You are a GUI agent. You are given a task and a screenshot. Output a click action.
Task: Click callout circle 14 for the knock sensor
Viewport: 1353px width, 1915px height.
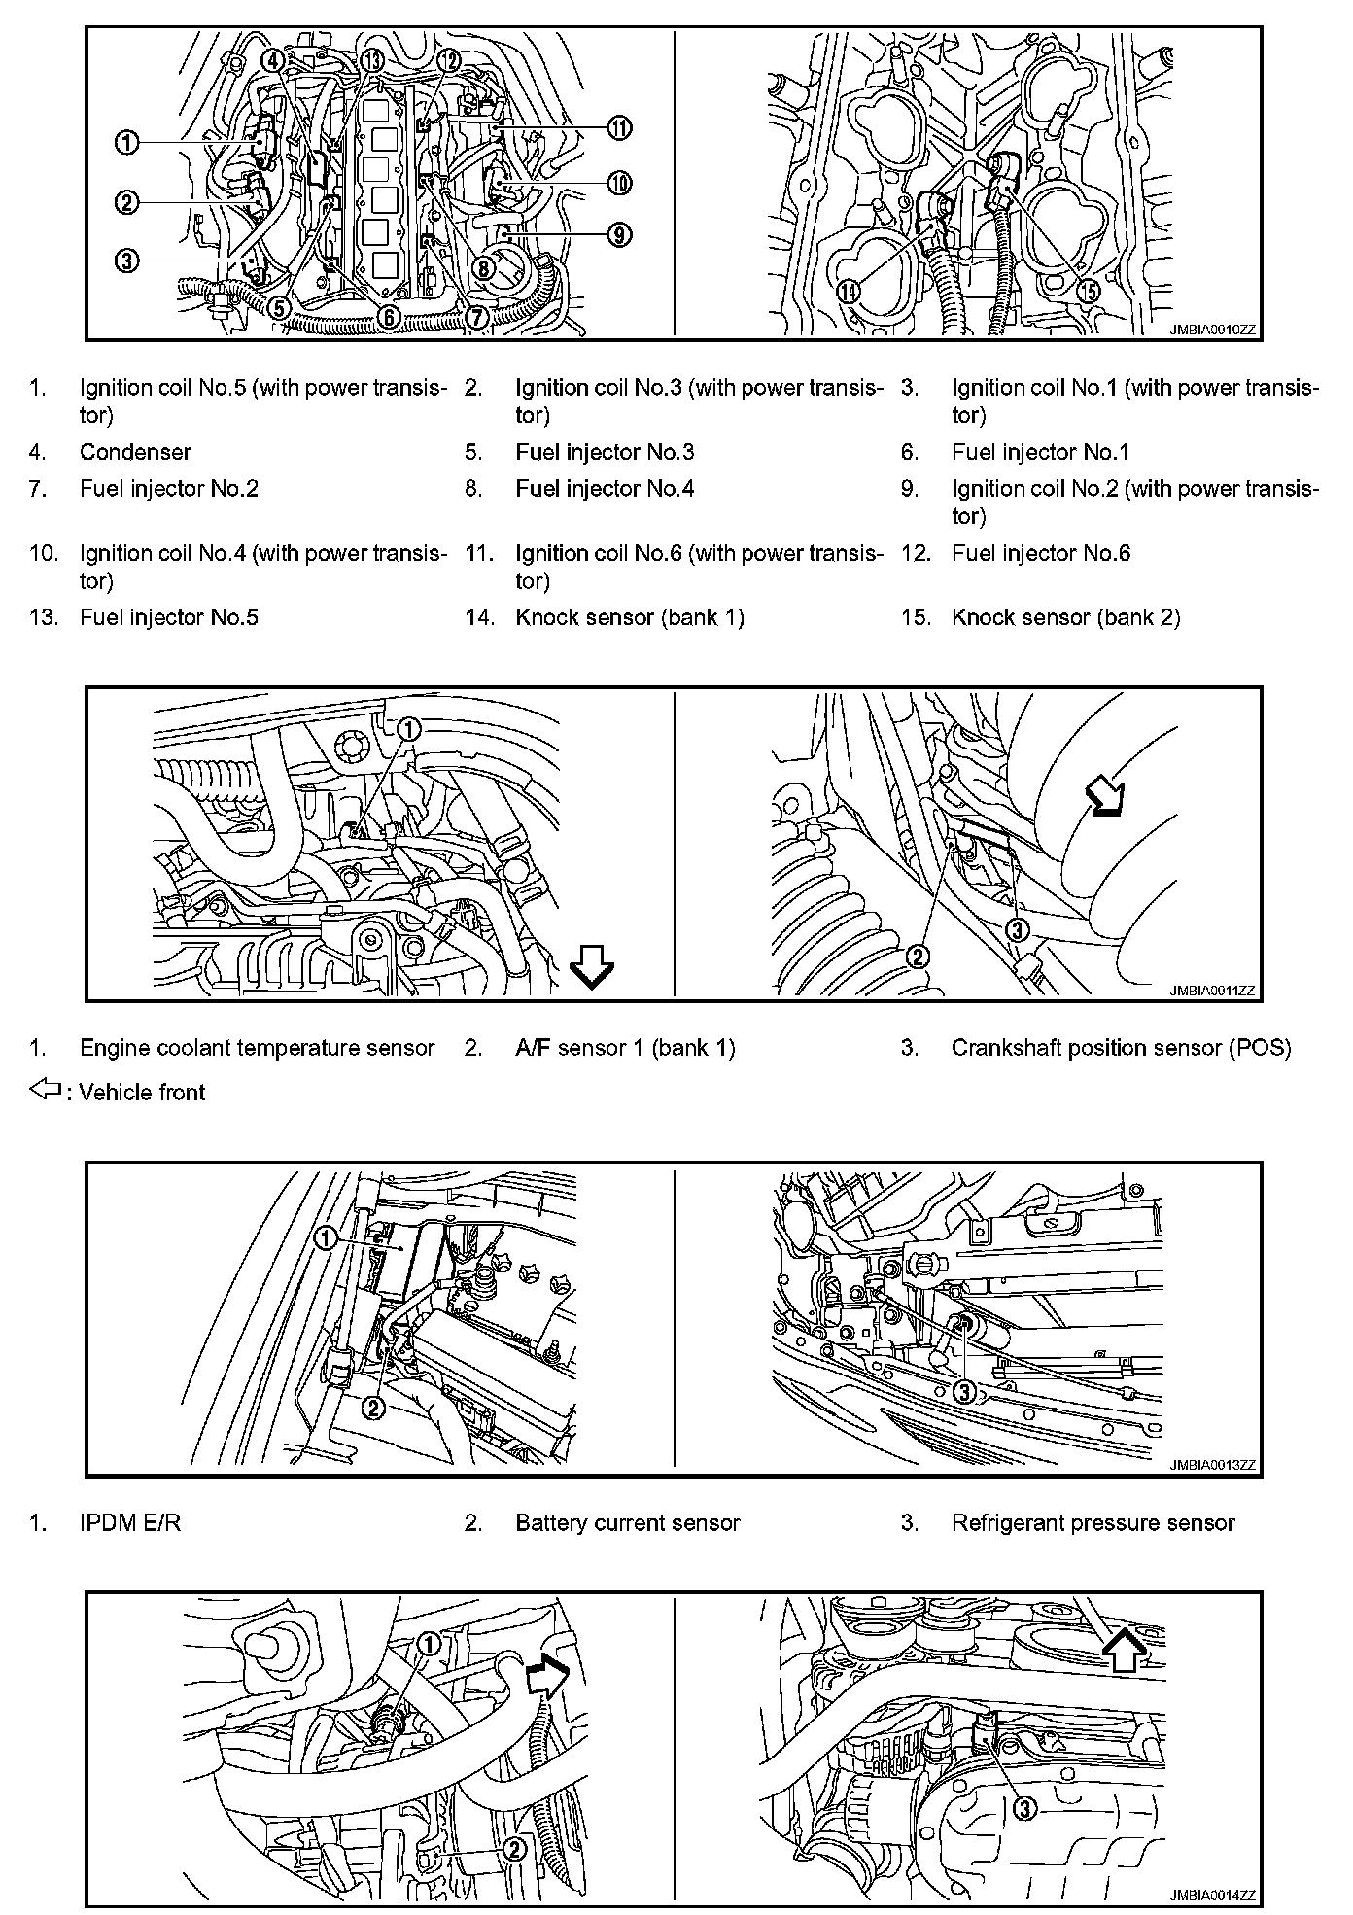click(x=850, y=291)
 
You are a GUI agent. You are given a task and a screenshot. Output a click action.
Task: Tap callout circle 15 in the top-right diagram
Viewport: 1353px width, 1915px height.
click(x=1088, y=290)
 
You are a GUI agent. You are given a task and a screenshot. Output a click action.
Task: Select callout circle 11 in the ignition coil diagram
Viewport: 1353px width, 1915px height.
click(x=619, y=127)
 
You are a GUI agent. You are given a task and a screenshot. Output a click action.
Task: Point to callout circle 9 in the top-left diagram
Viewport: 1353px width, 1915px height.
click(x=619, y=234)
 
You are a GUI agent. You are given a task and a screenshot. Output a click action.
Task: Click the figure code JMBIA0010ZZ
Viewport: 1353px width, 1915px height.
click(x=1213, y=331)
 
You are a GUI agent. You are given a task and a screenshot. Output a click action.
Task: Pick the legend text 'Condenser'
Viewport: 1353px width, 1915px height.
click(x=135, y=452)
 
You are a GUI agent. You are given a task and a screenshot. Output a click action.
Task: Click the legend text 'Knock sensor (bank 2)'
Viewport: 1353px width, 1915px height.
click(x=1065, y=617)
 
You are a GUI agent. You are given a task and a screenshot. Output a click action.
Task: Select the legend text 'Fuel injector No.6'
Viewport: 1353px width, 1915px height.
click(x=1041, y=553)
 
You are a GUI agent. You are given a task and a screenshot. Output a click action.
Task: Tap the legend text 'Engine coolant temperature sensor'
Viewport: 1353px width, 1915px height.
click(x=257, y=1048)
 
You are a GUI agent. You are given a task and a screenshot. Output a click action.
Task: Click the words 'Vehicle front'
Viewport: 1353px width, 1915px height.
click(x=142, y=1093)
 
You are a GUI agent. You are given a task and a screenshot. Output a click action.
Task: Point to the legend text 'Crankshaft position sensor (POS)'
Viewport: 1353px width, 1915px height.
click(x=1121, y=1048)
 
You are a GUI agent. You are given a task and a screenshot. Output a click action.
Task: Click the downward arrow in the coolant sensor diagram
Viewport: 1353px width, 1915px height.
click(x=591, y=968)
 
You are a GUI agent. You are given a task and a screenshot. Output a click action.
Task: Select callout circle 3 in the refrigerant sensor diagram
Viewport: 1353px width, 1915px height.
click(x=963, y=1392)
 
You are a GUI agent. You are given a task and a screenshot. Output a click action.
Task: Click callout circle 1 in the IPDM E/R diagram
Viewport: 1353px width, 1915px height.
click(x=326, y=1237)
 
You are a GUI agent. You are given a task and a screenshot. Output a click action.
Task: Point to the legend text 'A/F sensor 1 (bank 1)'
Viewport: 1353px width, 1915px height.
click(x=625, y=1048)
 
